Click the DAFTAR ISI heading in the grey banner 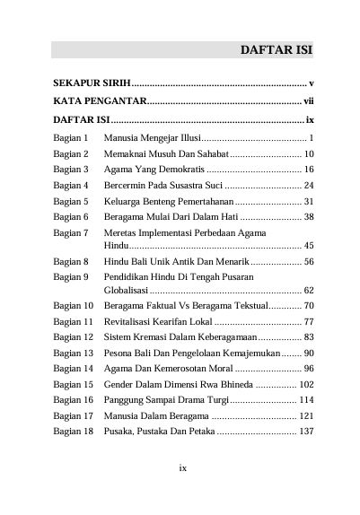click(x=276, y=49)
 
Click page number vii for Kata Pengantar click(x=307, y=101)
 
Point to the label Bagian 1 click(x=70, y=138)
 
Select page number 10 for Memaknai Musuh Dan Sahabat click(x=308, y=154)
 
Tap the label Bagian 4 click(x=70, y=186)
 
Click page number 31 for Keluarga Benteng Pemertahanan click(x=308, y=201)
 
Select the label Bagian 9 click(x=70, y=276)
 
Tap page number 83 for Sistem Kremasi click(x=308, y=337)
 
